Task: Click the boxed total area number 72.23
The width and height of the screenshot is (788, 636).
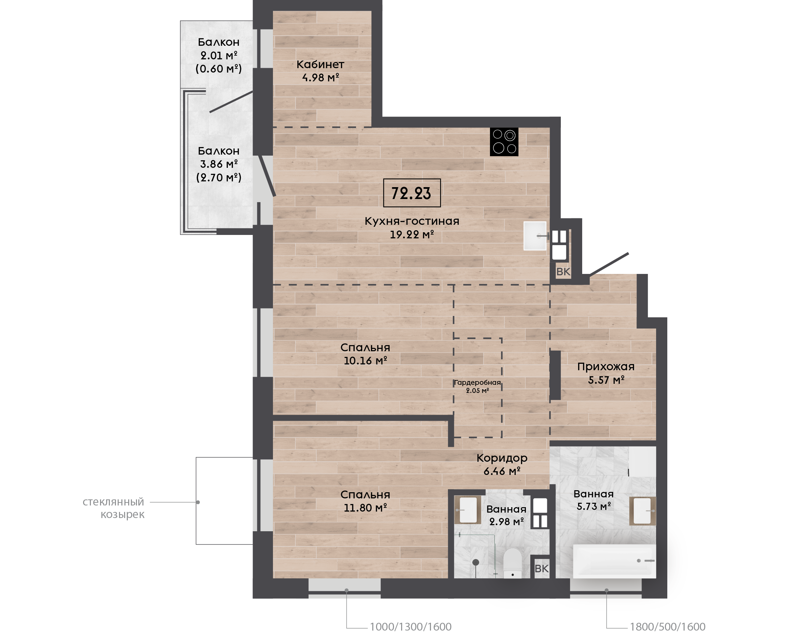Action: pyautogui.click(x=411, y=193)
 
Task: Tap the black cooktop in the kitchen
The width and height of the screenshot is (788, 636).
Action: pyautogui.click(x=504, y=142)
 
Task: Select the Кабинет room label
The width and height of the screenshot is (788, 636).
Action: pyautogui.click(x=320, y=64)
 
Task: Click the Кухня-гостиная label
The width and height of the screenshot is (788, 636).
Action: pyautogui.click(x=412, y=221)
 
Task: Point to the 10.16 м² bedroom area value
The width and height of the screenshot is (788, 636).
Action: pyautogui.click(x=365, y=360)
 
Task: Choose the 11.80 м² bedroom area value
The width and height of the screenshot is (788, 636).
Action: pyautogui.click(x=365, y=508)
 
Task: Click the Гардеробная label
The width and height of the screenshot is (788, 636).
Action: pyautogui.click(x=477, y=382)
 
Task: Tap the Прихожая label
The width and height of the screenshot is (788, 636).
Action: pyautogui.click(x=606, y=366)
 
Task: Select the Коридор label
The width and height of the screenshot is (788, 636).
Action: pyautogui.click(x=502, y=458)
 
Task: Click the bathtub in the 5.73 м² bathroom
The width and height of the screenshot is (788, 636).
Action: pyautogui.click(x=614, y=561)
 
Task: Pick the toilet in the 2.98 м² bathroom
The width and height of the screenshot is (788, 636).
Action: pyautogui.click(x=513, y=563)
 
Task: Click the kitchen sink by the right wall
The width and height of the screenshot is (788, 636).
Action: pyautogui.click(x=535, y=236)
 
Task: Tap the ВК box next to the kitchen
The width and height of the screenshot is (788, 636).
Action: pyautogui.click(x=563, y=272)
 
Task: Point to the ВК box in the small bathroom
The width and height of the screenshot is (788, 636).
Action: pyautogui.click(x=541, y=569)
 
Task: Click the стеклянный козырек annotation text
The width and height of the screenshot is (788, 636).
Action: pyautogui.click(x=114, y=508)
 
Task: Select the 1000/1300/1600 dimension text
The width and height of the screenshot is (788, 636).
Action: pyautogui.click(x=411, y=627)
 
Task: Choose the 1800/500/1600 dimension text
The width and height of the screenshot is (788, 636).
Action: pyautogui.click(x=668, y=627)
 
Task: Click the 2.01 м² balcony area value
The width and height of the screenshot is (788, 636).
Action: pyautogui.click(x=219, y=55)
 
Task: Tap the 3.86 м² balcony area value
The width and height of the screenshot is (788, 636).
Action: pyautogui.click(x=219, y=164)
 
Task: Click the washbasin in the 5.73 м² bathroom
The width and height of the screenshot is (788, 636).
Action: pyautogui.click(x=642, y=511)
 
